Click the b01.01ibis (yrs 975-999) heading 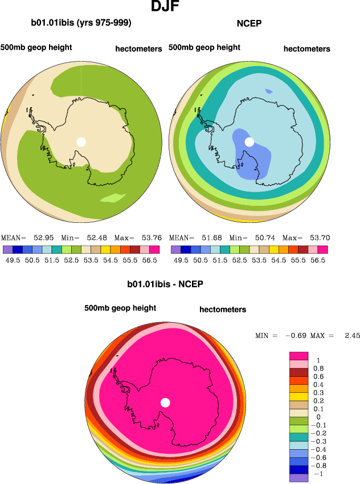tap(81, 23)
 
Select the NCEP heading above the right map tap(248, 23)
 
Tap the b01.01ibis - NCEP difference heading tap(165, 283)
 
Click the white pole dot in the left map tap(81, 142)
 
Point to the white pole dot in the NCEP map tap(249, 142)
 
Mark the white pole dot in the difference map tap(165, 402)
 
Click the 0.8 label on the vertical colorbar tap(320, 369)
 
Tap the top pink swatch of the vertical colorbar tap(300, 356)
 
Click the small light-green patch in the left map tap(113, 198)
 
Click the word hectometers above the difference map tap(223, 310)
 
